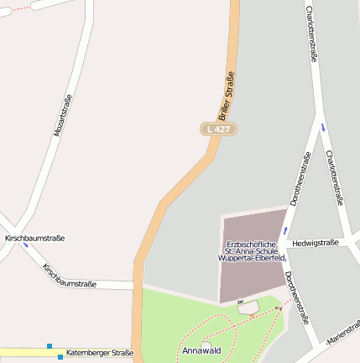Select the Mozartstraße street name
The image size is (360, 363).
pos(63,116)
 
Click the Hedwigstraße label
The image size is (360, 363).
pos(316,243)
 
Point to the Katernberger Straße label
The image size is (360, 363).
pos(99,353)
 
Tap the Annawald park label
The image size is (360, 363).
pos(201,350)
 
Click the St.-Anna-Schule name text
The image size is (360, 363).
pos(252,251)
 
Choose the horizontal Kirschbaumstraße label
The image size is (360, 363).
pos(35,239)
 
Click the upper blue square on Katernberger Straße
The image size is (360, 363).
pos(50,346)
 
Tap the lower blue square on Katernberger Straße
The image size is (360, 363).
pos(60,356)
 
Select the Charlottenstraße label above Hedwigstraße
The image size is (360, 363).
pos(334,178)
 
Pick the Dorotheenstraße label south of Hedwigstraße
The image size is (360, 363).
pos(295,297)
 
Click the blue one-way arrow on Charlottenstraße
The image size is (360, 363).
pos(323,127)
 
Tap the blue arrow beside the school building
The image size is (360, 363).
pos(285,229)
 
